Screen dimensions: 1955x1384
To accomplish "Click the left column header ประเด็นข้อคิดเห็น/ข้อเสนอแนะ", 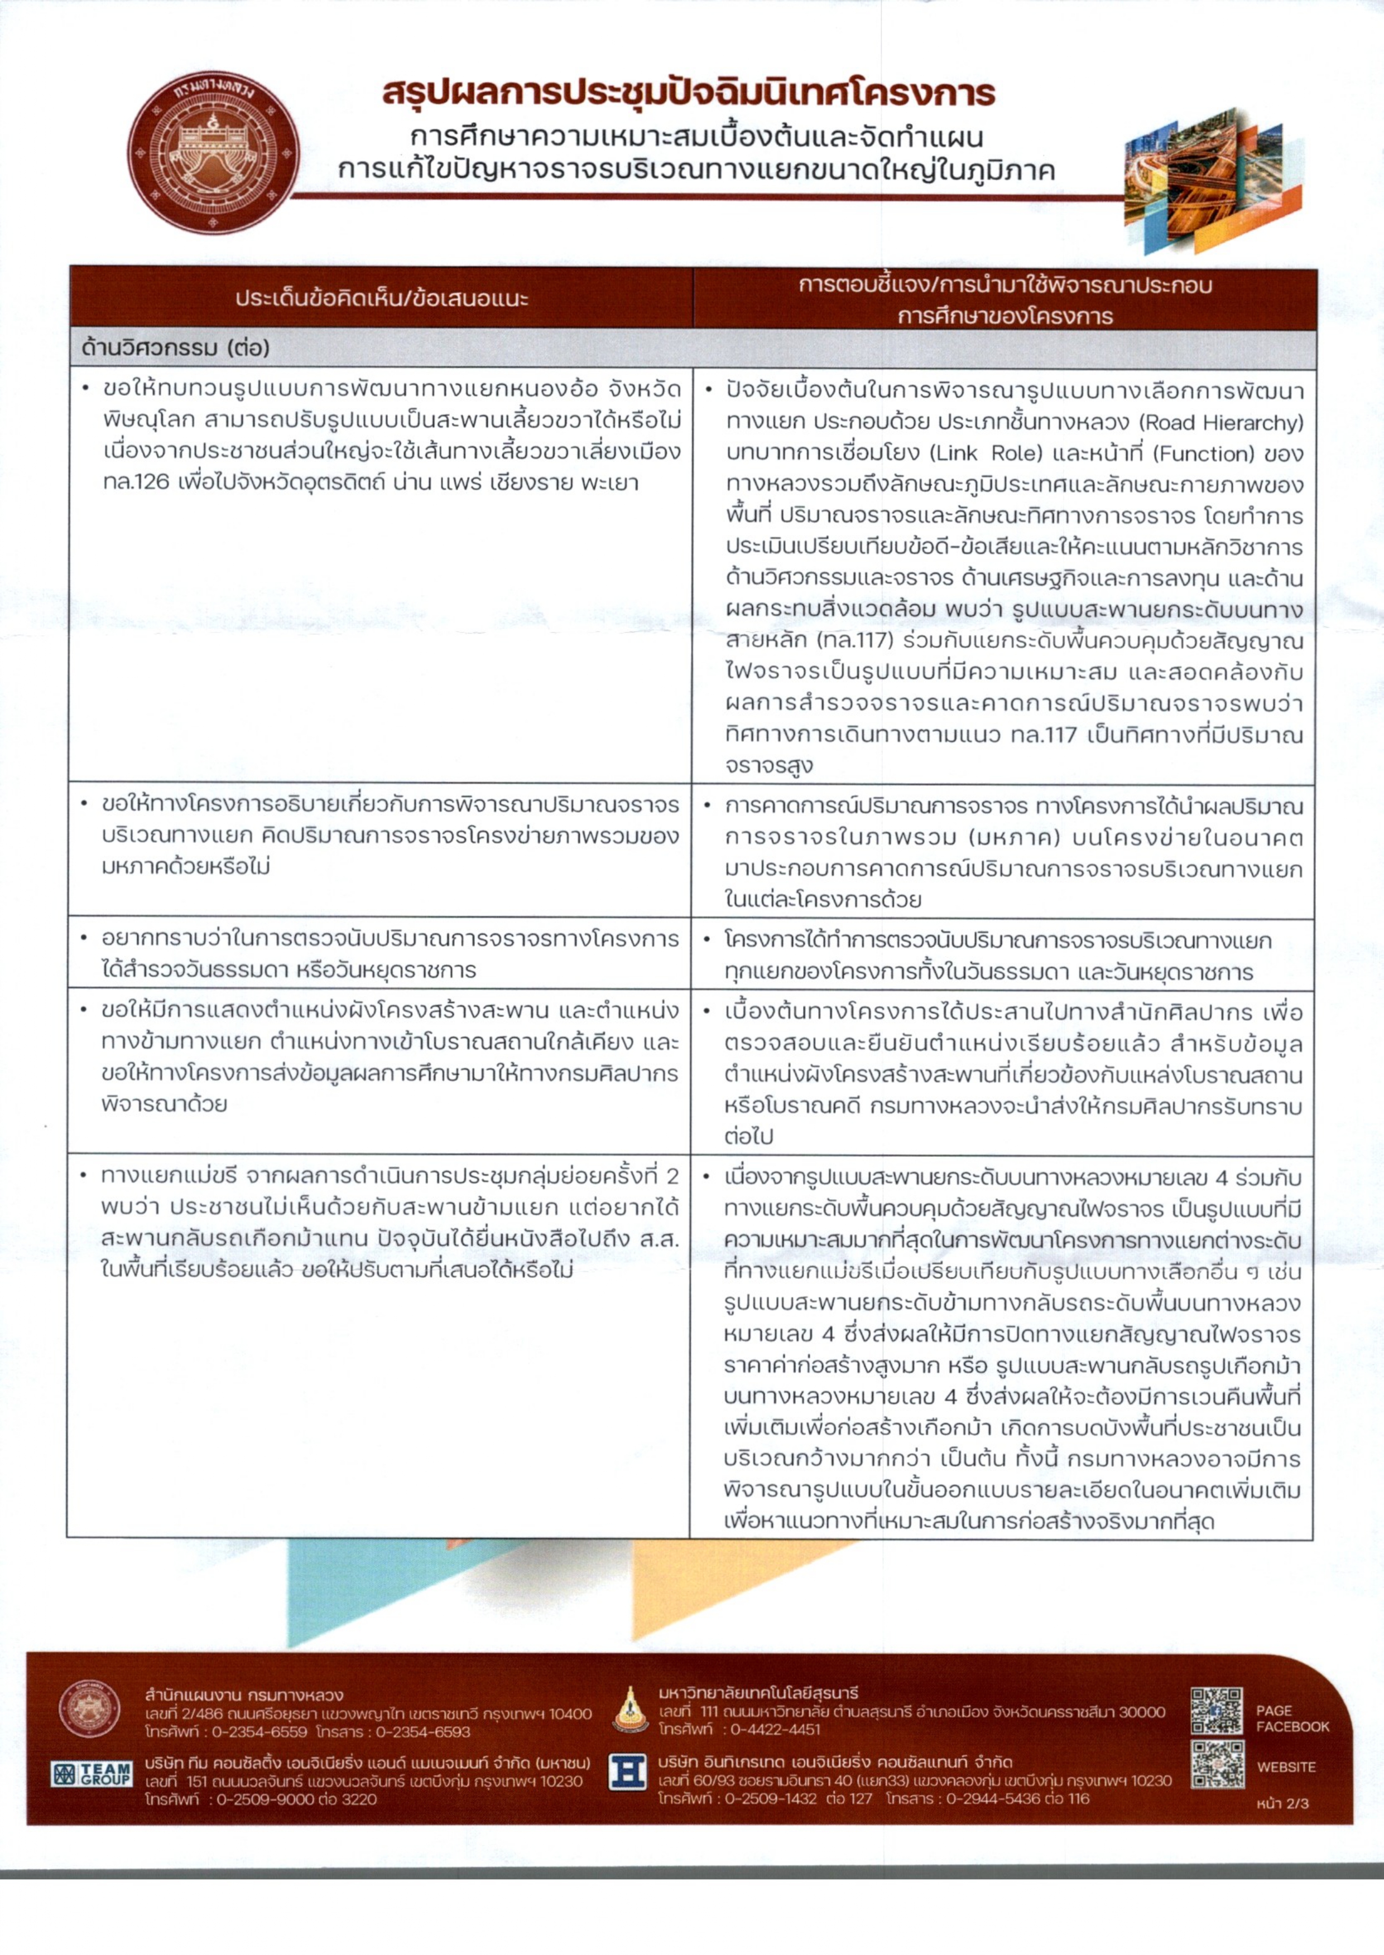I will tap(382, 299).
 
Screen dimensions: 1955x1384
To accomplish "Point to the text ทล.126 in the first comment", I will tap(136, 483).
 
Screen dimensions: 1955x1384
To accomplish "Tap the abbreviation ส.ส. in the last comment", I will tap(658, 1239).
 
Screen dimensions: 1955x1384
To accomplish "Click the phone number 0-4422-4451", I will tap(772, 1729).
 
